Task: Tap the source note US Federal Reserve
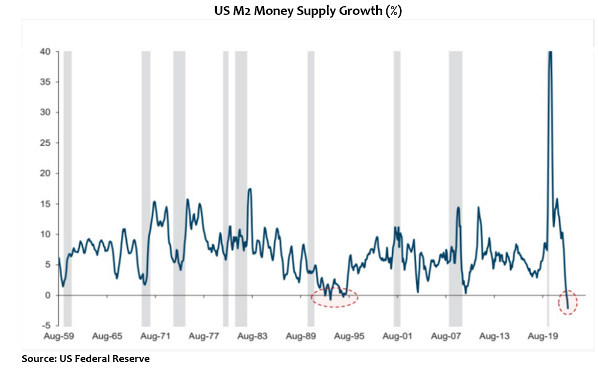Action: click(86, 359)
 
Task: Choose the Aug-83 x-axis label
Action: click(253, 336)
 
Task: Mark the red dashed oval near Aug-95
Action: click(334, 297)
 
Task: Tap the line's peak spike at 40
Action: click(550, 53)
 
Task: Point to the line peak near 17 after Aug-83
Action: click(250, 189)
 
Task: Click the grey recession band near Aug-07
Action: click(455, 188)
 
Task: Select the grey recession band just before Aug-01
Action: click(397, 188)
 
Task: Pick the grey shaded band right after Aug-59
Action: click(67, 188)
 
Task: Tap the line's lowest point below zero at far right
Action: click(568, 309)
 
